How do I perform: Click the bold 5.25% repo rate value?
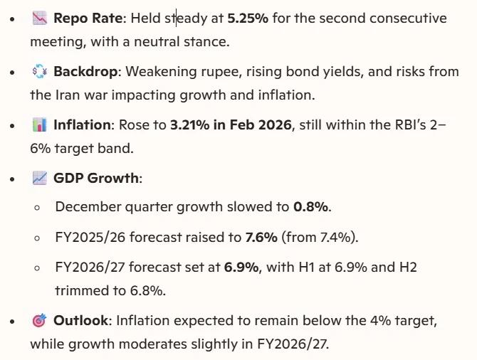click(x=247, y=18)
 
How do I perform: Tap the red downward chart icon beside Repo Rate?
click(x=39, y=18)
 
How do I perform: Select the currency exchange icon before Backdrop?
click(x=39, y=72)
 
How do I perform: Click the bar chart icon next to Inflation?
click(x=39, y=125)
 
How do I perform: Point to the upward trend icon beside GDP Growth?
click(x=39, y=179)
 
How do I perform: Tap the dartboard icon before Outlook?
click(x=39, y=321)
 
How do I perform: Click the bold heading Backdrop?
click(x=81, y=72)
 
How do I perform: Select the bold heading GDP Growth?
click(x=96, y=179)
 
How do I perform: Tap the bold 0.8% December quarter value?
click(x=311, y=207)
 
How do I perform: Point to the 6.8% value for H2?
click(x=147, y=291)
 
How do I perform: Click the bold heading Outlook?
click(x=80, y=321)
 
